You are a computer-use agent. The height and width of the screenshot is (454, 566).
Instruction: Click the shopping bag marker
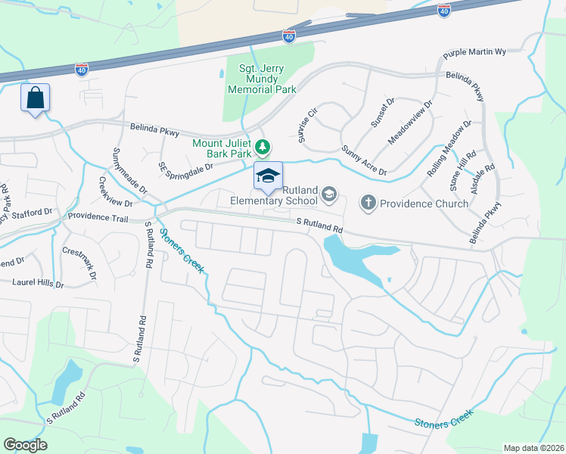(36, 98)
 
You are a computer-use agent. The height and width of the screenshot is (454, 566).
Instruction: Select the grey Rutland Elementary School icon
(328, 195)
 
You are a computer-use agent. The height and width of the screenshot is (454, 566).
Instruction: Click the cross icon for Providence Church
(369, 202)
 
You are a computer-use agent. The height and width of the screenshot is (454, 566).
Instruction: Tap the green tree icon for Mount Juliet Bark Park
(263, 145)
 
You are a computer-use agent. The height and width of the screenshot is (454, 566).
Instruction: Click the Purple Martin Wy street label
(474, 53)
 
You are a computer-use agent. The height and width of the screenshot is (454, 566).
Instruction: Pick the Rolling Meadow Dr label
(449, 148)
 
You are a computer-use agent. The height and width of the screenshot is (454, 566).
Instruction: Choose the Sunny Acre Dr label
(364, 160)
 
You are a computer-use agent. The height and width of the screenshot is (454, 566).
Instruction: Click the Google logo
(25, 445)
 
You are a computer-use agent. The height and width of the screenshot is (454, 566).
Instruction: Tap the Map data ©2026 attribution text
(533, 448)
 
